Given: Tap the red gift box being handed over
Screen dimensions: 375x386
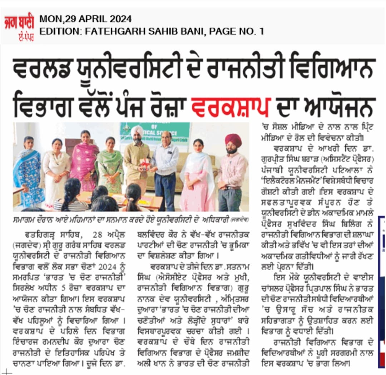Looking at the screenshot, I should pyautogui.click(x=145, y=164).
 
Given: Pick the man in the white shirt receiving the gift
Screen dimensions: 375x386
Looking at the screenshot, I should pyautogui.click(x=165, y=168).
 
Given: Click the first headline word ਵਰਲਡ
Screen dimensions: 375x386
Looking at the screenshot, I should pyautogui.click(x=45, y=68).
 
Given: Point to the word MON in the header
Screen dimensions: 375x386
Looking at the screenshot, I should pyautogui.click(x=48, y=19).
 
